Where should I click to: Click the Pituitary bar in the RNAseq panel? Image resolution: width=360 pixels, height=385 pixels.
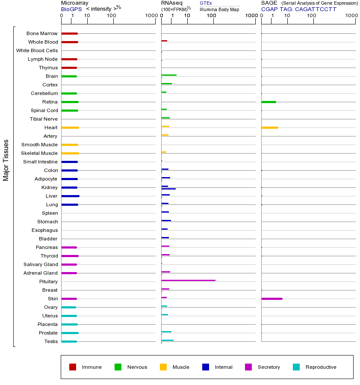tap(188, 280)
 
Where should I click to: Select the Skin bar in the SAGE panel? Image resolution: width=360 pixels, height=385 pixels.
tap(271, 299)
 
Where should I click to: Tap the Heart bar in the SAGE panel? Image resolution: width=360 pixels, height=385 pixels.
tap(269, 127)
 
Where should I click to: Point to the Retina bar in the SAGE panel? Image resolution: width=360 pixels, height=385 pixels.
tap(269, 102)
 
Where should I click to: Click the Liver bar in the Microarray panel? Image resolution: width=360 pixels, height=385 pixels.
tap(70, 196)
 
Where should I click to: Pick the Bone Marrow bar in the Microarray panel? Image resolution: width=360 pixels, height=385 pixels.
tap(69, 33)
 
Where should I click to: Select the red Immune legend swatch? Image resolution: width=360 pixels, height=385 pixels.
tap(73, 367)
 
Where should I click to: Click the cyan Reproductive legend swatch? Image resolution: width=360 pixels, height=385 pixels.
tap(296, 367)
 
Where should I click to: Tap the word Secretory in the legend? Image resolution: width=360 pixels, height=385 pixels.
tap(269, 367)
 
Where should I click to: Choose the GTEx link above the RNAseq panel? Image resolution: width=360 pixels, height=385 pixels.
tap(206, 3)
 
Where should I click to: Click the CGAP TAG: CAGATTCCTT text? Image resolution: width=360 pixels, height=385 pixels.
tap(299, 9)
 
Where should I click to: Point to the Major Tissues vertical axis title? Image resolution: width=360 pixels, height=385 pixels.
tap(6, 160)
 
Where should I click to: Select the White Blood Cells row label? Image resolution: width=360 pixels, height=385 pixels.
tap(37, 50)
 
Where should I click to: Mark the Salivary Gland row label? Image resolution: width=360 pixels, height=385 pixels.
tap(42, 264)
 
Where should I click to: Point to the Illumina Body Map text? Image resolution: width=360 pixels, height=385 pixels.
tap(219, 9)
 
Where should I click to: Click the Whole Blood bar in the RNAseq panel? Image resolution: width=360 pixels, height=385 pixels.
tap(164, 41)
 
